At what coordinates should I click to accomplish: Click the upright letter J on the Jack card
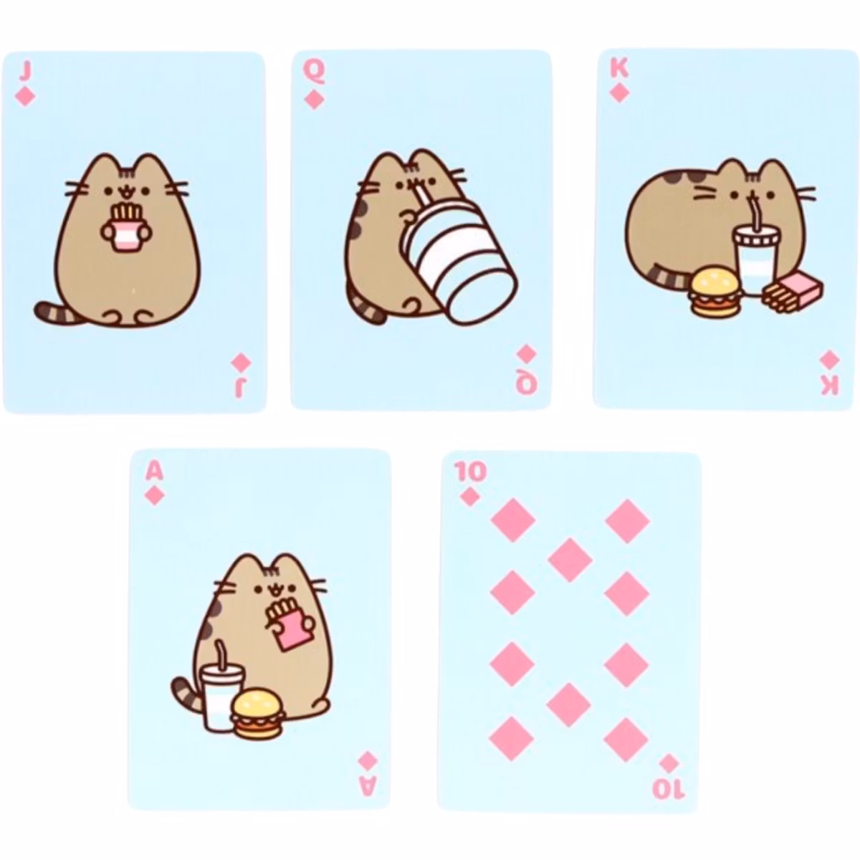tap(26, 72)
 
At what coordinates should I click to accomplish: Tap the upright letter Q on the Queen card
tap(314, 72)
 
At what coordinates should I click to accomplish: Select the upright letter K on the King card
tap(618, 70)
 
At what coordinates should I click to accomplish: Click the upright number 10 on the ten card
tap(469, 472)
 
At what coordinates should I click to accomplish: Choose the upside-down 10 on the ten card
tap(668, 788)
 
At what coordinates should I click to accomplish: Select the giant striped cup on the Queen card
tap(459, 259)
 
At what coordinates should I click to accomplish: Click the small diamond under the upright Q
tap(314, 100)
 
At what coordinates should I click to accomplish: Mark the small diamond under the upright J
tap(25, 97)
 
